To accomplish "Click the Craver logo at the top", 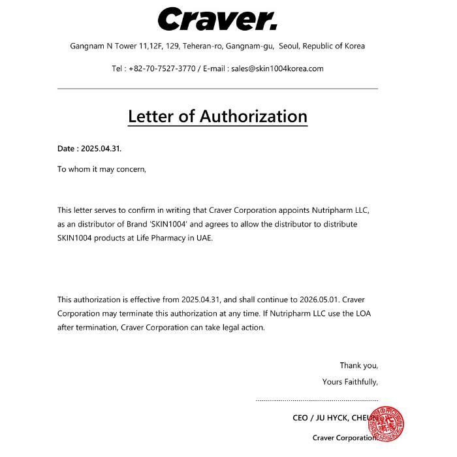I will tap(217, 19).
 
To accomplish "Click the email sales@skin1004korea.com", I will tap(277, 69).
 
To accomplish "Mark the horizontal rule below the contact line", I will tap(217, 88).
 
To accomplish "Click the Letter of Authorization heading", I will tap(217, 116).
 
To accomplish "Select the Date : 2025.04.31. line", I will tap(89, 148).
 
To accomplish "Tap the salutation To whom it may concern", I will tap(102, 169).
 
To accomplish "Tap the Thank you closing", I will tap(358, 366).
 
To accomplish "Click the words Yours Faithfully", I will tap(350, 382).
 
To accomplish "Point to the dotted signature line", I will tap(317, 400).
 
